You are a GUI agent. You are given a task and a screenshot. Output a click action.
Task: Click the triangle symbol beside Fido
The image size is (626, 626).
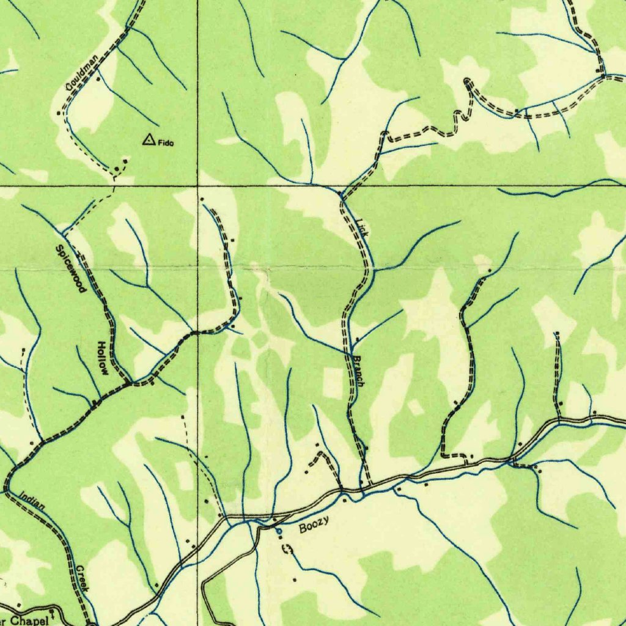[x=148, y=141]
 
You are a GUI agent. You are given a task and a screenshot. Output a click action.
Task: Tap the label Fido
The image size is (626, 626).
[x=166, y=144]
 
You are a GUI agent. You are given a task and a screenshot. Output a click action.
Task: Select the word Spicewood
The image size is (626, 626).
[x=71, y=268]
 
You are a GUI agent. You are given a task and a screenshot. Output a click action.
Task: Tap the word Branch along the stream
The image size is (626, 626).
[x=358, y=370]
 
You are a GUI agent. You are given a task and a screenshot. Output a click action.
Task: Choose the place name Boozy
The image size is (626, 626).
[x=314, y=524]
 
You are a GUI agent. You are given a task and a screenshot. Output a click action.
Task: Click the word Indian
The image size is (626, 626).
[x=32, y=502]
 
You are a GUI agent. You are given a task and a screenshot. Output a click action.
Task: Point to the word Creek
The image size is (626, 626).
[x=83, y=578]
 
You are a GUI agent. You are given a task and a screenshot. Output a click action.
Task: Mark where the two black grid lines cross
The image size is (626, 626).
[x=197, y=184]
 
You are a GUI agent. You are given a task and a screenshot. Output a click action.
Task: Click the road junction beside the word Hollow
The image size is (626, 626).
[x=130, y=383]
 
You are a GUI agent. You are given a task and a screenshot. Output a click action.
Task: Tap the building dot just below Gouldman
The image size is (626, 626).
[x=97, y=79]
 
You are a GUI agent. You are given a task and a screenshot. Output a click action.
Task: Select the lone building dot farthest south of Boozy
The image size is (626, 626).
[x=295, y=579]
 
